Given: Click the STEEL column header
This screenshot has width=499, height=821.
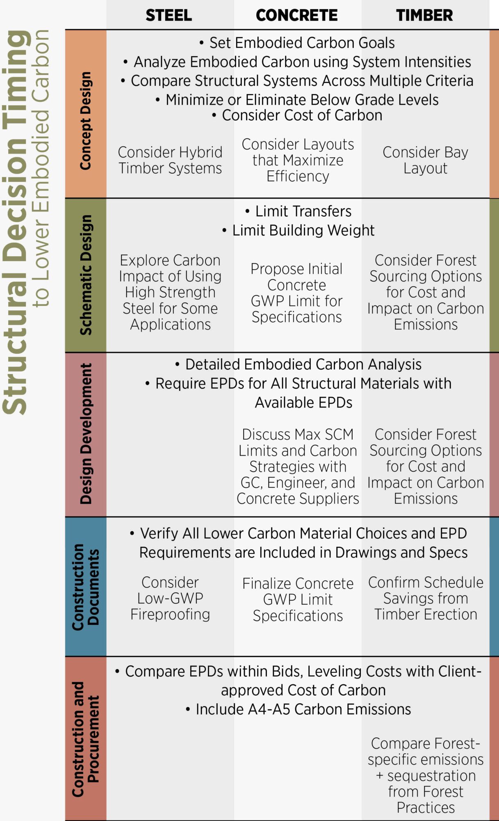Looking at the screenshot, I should tap(169, 16).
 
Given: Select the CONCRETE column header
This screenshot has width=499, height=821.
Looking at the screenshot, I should tap(296, 16).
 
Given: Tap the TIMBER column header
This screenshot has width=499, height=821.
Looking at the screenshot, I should tap(424, 16).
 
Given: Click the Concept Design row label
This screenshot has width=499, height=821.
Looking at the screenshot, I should tap(85, 121).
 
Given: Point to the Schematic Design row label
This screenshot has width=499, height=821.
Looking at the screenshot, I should tap(85, 275).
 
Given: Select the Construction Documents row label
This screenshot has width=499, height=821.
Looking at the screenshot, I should tap(85, 587).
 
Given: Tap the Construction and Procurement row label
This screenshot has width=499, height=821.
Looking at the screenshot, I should tap(85, 739).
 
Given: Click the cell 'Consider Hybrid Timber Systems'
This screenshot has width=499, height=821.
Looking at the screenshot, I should tap(170, 160).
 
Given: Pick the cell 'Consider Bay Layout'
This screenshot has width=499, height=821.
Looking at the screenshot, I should tap(425, 160).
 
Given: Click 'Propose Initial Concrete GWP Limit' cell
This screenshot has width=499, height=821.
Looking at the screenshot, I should tap(296, 293).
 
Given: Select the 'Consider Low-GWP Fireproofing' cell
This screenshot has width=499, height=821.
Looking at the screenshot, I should tap(170, 598).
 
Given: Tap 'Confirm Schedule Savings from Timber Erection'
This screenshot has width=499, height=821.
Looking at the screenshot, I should tap(426, 598).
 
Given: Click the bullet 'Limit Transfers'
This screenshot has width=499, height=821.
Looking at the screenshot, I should tap(298, 211).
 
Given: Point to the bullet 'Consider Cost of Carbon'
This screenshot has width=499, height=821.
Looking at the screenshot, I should tap(298, 115).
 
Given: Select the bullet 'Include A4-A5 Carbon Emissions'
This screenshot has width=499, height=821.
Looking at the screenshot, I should tap(298, 709).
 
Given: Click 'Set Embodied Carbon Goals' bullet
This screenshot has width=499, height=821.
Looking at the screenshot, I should tap(298, 43).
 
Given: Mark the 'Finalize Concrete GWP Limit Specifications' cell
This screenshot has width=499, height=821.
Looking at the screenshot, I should tap(298, 599).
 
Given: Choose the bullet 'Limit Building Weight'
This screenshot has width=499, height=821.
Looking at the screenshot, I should tap(298, 230).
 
